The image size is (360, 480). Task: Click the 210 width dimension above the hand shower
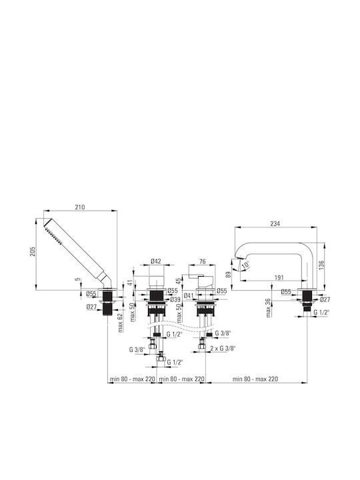pos(80,207)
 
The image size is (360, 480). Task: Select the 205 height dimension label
pos(33,251)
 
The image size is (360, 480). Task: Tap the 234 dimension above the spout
pos(275,224)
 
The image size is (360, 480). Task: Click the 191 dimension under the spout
pos(279,277)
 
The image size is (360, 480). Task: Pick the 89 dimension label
pos(227,273)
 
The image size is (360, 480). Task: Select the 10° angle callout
pos(245,265)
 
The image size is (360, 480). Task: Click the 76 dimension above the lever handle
pos(203,261)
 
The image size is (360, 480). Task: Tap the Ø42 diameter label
pos(156,261)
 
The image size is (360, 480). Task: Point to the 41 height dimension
pos(131,282)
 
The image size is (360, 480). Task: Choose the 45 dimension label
pos(179,282)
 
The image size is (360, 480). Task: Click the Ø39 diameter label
pos(175,299)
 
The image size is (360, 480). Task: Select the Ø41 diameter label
pos(189,295)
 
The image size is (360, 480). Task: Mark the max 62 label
pos(120,323)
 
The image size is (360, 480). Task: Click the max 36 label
pos(269,307)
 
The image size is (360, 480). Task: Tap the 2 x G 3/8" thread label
pos(223,348)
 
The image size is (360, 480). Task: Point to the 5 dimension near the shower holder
pos(78,279)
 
